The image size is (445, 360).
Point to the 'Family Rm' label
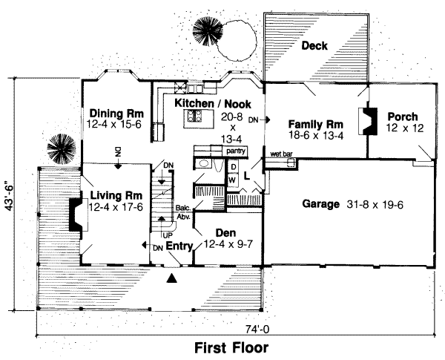pos(310,123)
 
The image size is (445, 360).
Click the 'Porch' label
pos(401,117)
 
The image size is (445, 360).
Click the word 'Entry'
pos(179,246)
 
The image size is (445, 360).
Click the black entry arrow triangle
pos(173,278)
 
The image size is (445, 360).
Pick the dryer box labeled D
pos(232,168)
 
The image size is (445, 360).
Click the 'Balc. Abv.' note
pos(183,213)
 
